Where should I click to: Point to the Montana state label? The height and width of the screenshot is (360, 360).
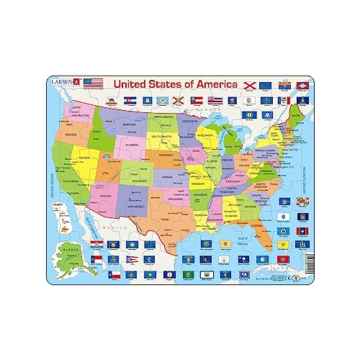[x=130, y=125]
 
